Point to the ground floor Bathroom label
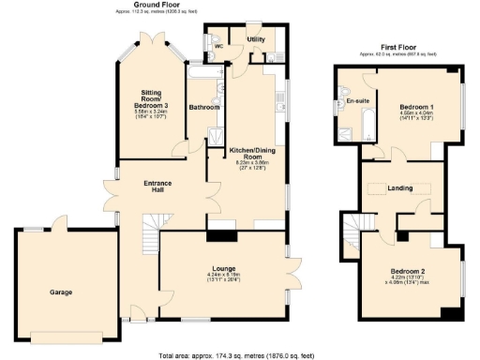coord(204,108)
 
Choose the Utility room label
coord(256,40)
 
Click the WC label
coord(217,46)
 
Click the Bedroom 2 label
coord(408,272)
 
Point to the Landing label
coord(400,188)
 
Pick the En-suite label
coord(357,100)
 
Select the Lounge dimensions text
coord(222,279)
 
